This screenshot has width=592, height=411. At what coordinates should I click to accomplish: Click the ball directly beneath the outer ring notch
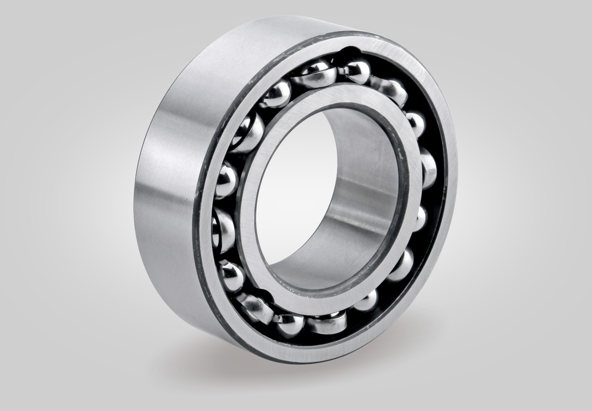[x=355, y=71]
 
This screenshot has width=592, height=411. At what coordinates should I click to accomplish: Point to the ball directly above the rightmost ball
[x=415, y=123]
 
